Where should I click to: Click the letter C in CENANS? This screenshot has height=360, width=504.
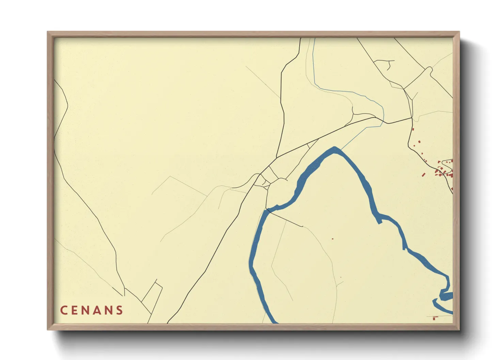point(64,310)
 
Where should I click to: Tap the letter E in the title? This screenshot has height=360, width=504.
point(75,310)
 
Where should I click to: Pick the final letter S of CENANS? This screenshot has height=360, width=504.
point(119,310)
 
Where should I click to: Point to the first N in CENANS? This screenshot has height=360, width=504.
point(86,310)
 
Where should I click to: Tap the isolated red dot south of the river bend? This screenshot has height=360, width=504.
point(333,239)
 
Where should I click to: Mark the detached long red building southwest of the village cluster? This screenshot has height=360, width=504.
point(423,175)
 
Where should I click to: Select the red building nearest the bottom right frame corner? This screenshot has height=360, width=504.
point(434,318)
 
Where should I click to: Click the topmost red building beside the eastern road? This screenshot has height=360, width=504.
point(413,129)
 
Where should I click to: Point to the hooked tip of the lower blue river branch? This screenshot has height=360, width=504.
point(434,301)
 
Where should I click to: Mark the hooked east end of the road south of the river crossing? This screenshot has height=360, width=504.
point(302,226)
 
